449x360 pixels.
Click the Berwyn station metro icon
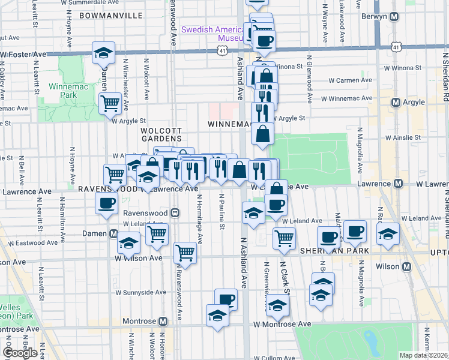click(x=394, y=17)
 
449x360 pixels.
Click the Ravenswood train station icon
click(x=175, y=212)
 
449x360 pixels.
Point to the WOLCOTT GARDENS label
click(x=161, y=134)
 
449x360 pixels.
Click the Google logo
click(x=20, y=352)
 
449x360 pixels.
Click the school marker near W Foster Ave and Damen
click(x=103, y=53)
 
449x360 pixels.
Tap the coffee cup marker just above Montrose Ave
click(x=226, y=299)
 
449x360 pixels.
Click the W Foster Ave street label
click(x=23, y=55)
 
